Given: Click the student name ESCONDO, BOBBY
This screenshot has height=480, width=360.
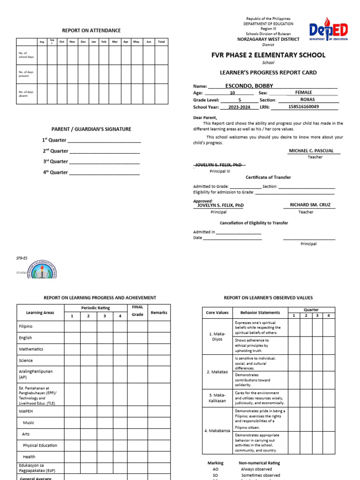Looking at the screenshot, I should pyautogui.click(x=249, y=86).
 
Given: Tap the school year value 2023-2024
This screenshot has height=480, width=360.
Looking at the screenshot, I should pyautogui.click(x=239, y=107).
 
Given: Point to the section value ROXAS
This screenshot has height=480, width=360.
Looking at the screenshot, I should pyautogui.click(x=307, y=100).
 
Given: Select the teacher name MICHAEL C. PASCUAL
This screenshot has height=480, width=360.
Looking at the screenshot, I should pyautogui.click(x=311, y=151).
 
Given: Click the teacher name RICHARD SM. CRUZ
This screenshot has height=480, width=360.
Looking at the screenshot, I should pyautogui.click(x=307, y=205).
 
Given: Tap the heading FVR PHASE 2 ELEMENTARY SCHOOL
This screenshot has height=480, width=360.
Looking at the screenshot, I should pyautogui.click(x=268, y=55).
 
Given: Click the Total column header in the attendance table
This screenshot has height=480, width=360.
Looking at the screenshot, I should pyautogui.click(x=161, y=42).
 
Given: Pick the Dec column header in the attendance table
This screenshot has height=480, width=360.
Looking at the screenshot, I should pyautogui.click(x=83, y=42).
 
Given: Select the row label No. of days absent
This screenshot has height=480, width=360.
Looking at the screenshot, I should pyautogui.click(x=26, y=94).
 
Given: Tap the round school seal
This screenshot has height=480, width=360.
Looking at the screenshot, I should pyautogui.click(x=42, y=270).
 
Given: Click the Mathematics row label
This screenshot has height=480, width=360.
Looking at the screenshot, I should pyautogui.click(x=31, y=349).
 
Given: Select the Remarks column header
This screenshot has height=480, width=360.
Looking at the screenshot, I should pyautogui.click(x=159, y=313).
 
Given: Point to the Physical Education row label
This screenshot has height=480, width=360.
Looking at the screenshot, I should pyautogui.click(x=40, y=445).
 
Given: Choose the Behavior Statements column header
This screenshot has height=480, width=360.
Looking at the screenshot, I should pyautogui.click(x=260, y=313).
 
